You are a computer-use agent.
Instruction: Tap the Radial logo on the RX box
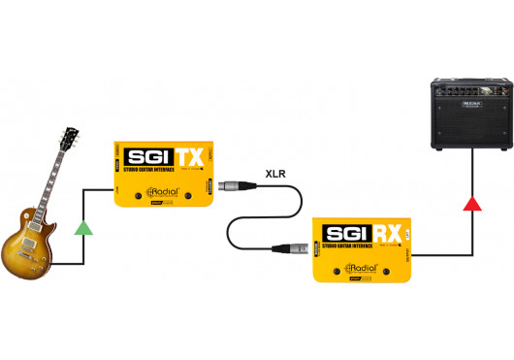362,270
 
